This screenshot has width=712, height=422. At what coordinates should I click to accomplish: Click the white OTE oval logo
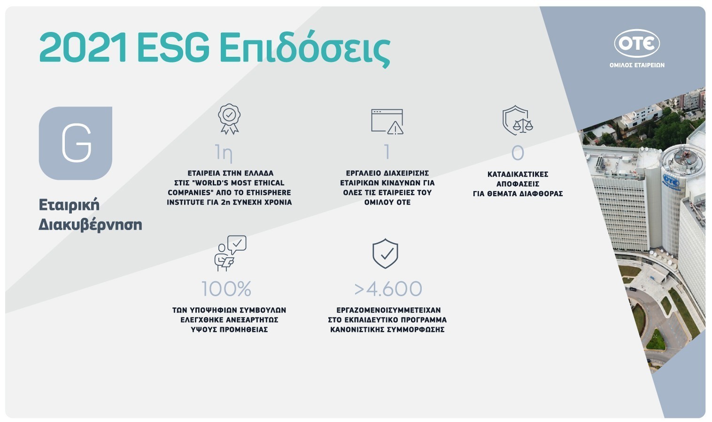[x=637, y=43]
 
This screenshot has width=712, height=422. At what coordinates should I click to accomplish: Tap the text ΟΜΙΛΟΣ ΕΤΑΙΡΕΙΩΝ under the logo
[x=637, y=65]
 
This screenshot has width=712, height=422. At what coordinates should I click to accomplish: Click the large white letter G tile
[x=76, y=143]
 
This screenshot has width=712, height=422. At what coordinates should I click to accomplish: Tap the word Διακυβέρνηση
[x=90, y=225]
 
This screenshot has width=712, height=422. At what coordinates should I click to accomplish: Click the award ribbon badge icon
[x=229, y=119]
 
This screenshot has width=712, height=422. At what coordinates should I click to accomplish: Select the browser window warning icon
[x=387, y=122]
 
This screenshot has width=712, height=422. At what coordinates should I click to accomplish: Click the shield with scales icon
[x=517, y=121]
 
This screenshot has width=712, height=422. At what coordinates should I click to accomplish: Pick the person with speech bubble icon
[x=230, y=253]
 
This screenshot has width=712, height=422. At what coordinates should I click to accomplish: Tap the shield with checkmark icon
[x=385, y=253]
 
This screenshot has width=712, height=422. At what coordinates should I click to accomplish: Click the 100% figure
[x=226, y=289]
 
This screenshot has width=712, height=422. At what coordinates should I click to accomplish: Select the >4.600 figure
[x=388, y=289]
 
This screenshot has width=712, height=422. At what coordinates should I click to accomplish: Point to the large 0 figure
[x=518, y=153]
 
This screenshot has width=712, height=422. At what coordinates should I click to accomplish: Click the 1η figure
[x=224, y=153]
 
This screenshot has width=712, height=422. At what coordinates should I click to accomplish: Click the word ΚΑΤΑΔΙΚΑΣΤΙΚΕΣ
[x=518, y=174]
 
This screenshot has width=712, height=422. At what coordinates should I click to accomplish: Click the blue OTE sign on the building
[x=671, y=182]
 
